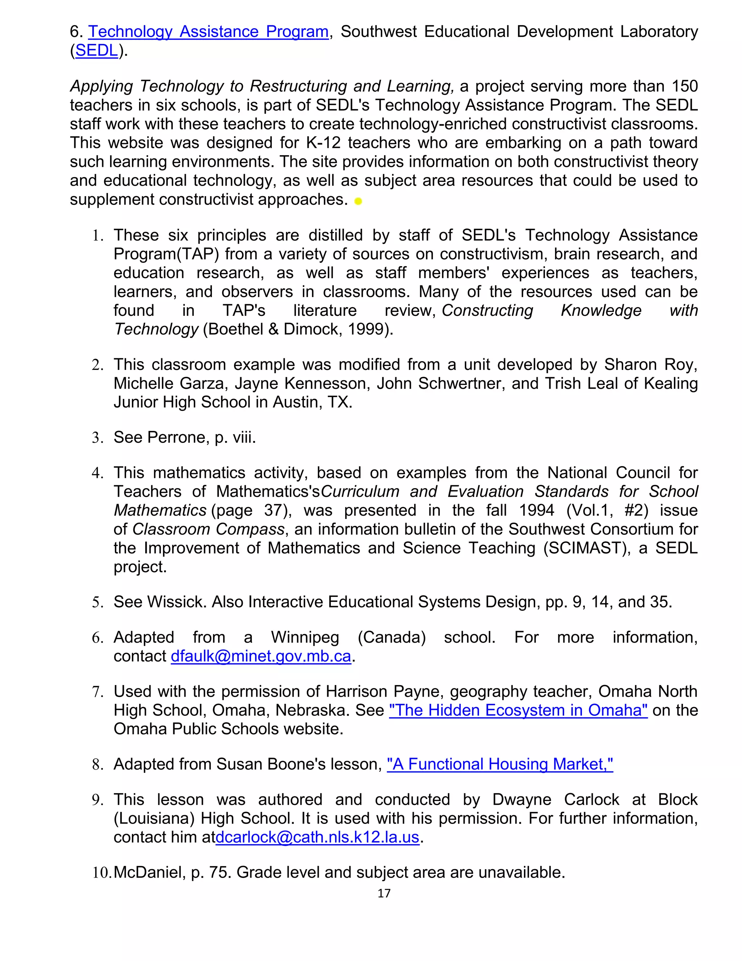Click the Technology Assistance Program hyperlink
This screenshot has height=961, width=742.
[208, 32]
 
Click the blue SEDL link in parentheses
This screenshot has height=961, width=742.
[97, 51]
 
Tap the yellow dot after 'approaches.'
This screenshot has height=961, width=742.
[358, 202]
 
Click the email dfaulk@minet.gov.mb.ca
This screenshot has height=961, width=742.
[260, 656]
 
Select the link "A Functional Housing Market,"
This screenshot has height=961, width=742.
[500, 764]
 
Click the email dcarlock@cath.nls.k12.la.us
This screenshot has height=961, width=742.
[317, 837]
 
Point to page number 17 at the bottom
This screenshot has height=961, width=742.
[384, 893]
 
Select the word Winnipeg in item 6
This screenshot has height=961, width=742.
[305, 638]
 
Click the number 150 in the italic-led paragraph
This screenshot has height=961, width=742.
[684, 86]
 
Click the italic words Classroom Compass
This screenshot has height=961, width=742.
[208, 529]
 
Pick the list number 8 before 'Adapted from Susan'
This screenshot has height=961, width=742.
[97, 765]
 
